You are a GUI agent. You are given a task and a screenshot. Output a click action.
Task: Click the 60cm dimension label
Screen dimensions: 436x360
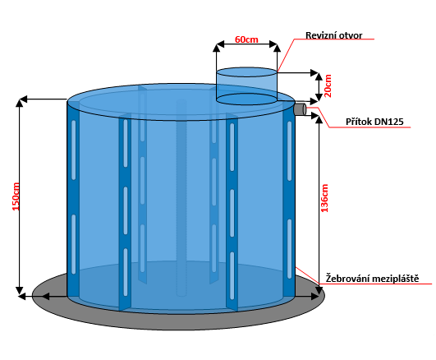pyautogui.click(x=246, y=39)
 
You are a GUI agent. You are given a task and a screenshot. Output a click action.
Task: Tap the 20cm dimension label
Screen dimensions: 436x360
pyautogui.click(x=328, y=85)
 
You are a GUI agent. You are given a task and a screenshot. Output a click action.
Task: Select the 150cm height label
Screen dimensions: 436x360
pyautogui.click(x=16, y=196)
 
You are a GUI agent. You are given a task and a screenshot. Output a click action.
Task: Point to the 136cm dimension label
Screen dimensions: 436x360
pyautogui.click(x=324, y=198)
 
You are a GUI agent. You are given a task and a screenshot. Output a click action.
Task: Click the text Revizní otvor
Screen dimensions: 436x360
pyautogui.click(x=333, y=35)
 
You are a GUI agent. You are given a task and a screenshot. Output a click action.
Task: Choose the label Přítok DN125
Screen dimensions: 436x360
pyautogui.click(x=374, y=122)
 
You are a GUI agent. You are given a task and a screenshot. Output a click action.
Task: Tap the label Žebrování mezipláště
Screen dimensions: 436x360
pyautogui.click(x=372, y=279)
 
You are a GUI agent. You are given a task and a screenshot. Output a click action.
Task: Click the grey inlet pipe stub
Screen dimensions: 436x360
pyautogui.click(x=300, y=108)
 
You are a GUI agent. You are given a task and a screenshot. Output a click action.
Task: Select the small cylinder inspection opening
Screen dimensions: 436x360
pyautogui.click(x=246, y=85)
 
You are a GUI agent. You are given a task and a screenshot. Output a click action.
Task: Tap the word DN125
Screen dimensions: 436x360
pyautogui.click(x=388, y=122)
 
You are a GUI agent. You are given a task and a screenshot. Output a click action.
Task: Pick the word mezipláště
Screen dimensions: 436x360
pyautogui.click(x=396, y=279)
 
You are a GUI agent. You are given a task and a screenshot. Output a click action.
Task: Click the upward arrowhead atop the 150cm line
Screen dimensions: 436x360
pyautogui.click(x=19, y=103)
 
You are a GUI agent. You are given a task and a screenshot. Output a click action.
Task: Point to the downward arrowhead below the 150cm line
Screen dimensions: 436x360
pyautogui.click(x=19, y=290)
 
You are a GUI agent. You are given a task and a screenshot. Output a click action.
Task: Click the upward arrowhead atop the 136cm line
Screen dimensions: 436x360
pyautogui.click(x=319, y=120)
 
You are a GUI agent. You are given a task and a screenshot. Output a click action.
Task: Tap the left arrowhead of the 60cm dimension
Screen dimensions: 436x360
pyautogui.click(x=220, y=44)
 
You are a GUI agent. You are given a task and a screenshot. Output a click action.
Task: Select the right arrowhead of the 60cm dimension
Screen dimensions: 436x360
pyautogui.click(x=273, y=44)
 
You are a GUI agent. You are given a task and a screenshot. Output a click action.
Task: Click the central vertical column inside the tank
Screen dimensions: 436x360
pyautogui.click(x=181, y=198)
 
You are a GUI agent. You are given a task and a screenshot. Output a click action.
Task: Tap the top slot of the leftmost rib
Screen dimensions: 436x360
pyautogui.click(x=73, y=150)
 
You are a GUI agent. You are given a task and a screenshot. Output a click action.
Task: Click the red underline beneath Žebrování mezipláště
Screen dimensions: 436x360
pyautogui.click(x=375, y=284)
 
